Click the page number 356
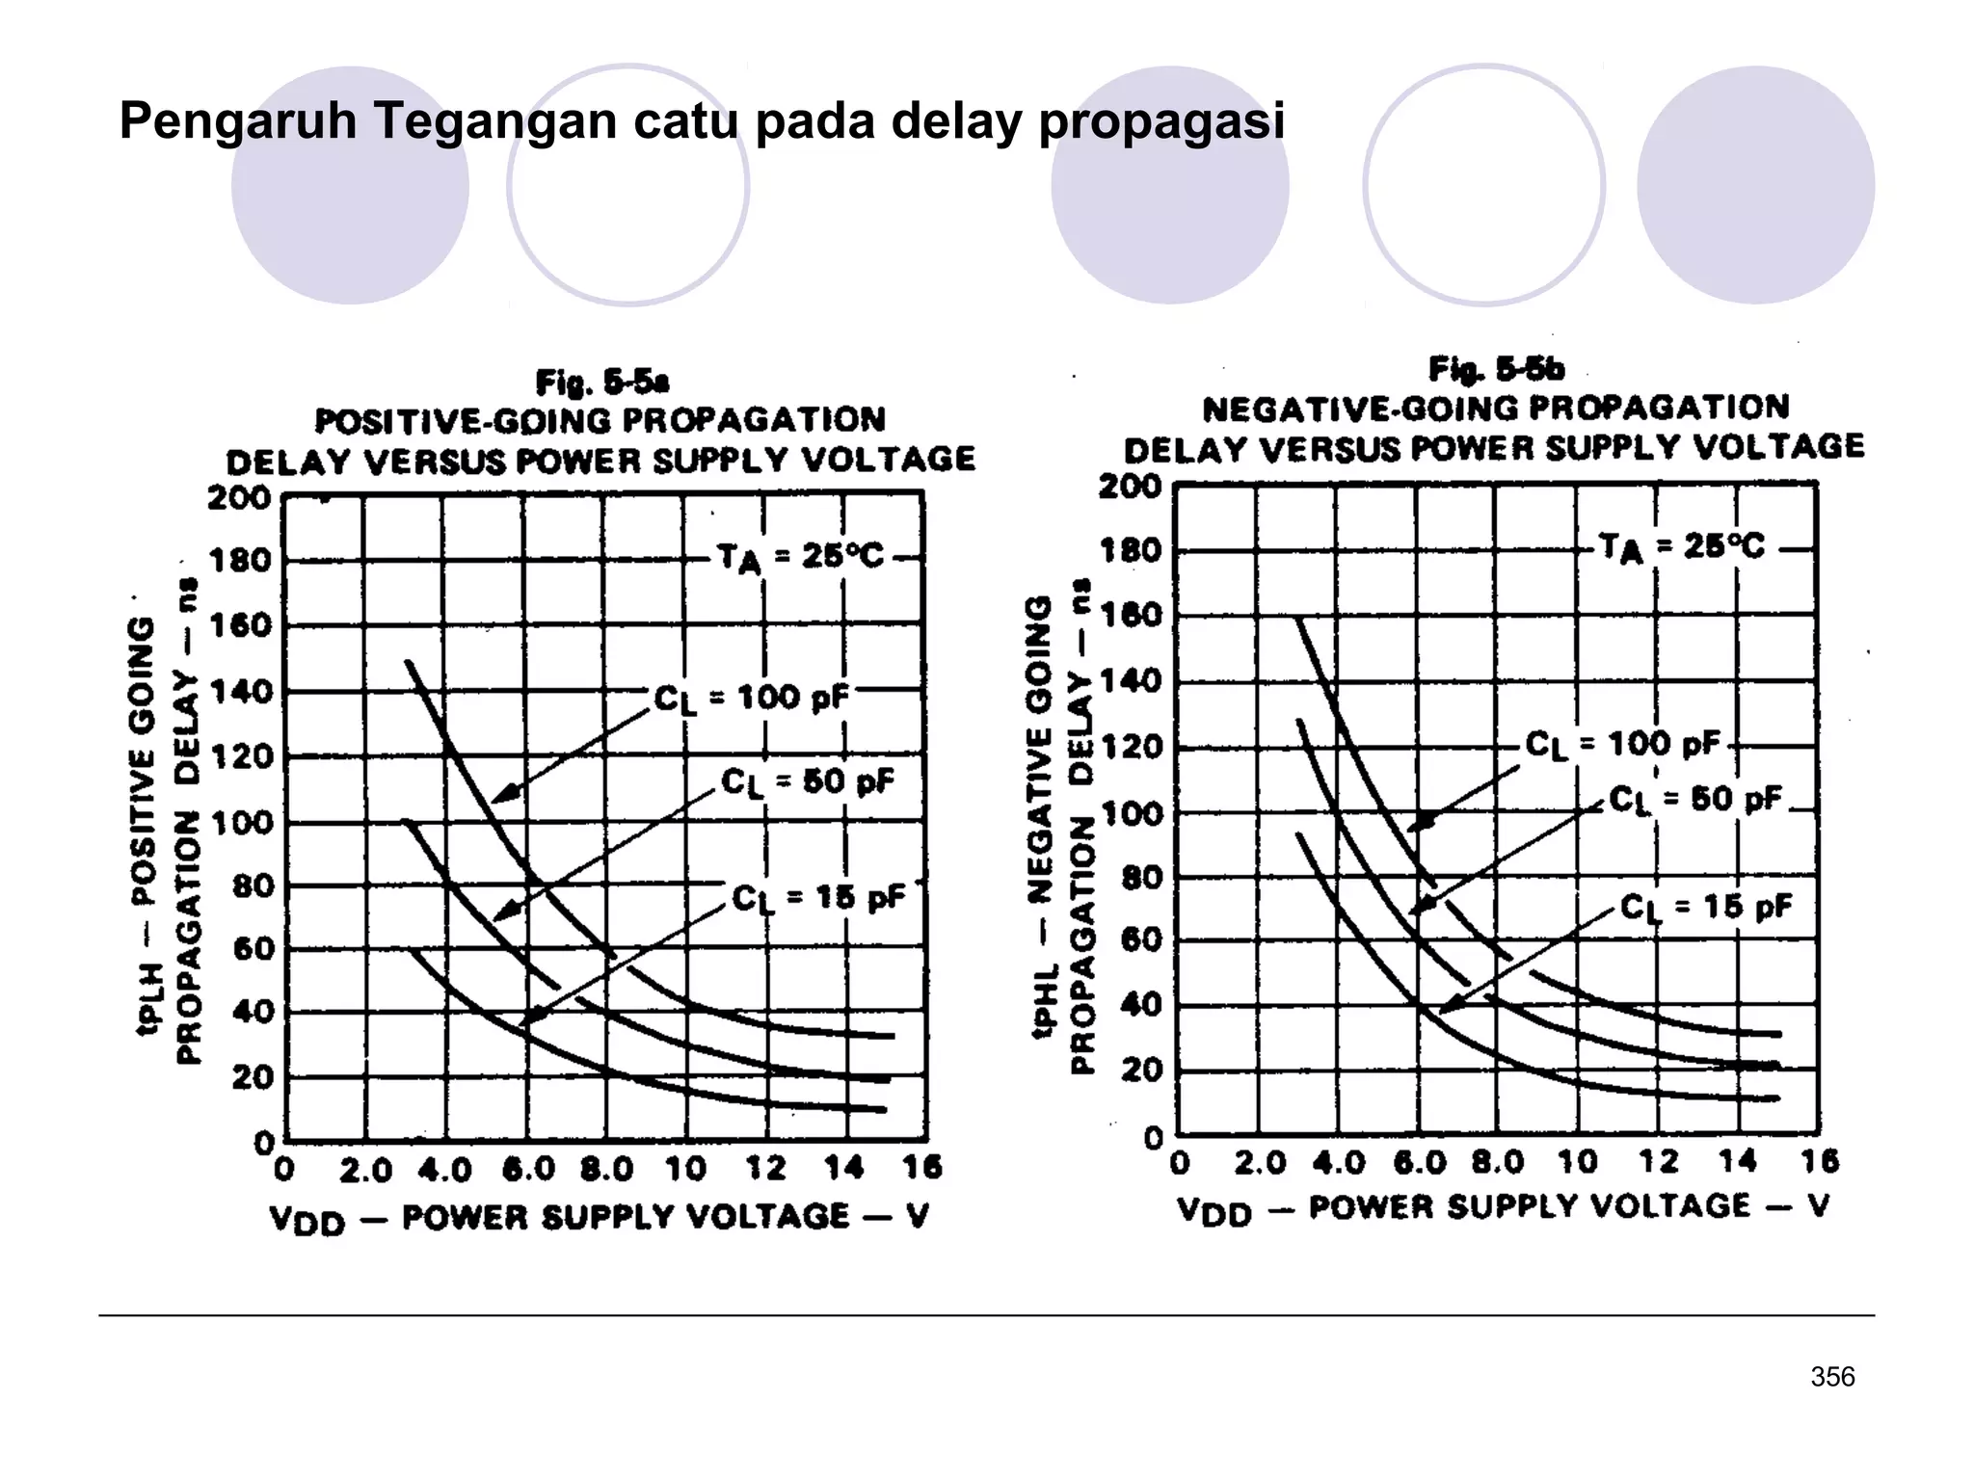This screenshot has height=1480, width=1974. click(1832, 1377)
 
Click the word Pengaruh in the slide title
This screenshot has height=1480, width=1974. click(237, 122)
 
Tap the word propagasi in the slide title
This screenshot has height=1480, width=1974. click(1161, 122)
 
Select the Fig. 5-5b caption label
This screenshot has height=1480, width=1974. click(1496, 369)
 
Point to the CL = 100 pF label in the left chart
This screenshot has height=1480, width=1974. click(751, 698)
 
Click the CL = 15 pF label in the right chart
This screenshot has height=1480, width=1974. click(1705, 907)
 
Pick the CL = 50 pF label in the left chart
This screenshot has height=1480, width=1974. click(808, 781)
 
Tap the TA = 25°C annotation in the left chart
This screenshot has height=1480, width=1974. click(800, 557)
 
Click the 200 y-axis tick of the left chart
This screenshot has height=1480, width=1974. click(239, 498)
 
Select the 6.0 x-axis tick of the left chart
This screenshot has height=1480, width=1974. click(528, 1170)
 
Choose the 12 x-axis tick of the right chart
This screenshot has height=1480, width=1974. click(1658, 1162)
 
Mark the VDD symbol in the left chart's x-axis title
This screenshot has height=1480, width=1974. click(307, 1220)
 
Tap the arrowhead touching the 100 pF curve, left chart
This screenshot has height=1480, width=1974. click(500, 797)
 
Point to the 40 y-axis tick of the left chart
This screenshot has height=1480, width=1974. click(253, 1012)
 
